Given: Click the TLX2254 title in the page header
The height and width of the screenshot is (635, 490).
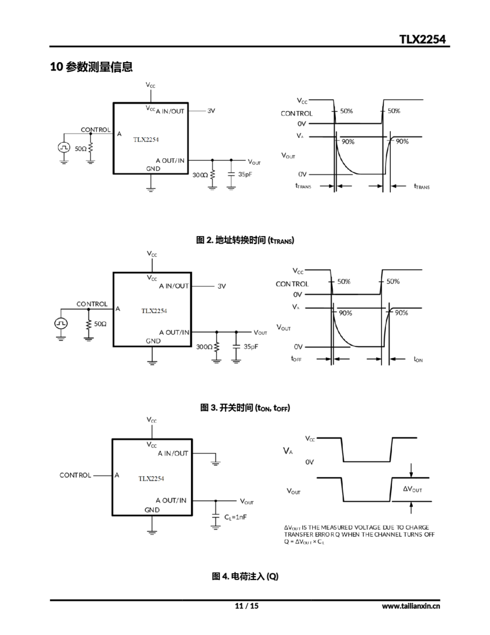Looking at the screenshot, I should coord(422,39).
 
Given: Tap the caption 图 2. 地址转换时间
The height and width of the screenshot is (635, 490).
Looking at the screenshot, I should coord(245,240).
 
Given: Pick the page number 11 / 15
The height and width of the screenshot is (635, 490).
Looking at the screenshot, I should coord(246,606).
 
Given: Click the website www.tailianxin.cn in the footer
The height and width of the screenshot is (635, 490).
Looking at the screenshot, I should coord(411,606).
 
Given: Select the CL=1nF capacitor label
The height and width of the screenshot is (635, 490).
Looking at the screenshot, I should coord(235,517).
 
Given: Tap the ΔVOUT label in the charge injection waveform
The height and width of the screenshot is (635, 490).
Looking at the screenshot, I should coord(412,489).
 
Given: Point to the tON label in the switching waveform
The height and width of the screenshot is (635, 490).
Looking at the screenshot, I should coord(418,359).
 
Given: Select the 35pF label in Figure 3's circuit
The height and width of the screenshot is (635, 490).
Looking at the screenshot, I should coord(251,347).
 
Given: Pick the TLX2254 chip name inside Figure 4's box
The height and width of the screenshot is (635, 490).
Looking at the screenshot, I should coord(151,478).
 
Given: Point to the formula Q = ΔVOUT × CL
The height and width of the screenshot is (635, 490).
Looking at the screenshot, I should coord(304,542).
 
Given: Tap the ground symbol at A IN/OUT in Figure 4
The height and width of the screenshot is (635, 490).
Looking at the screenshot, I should coord(216,463).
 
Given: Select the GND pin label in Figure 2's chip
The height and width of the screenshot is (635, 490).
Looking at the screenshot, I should coord(153,169).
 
